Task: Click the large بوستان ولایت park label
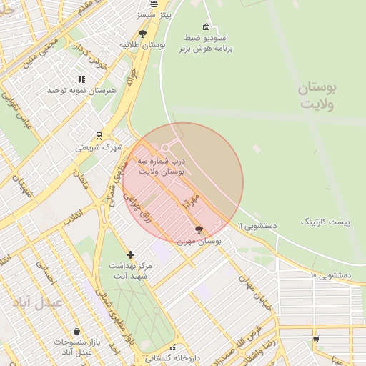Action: (317, 97)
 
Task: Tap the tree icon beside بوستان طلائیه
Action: (142, 34)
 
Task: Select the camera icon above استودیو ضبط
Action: (206, 26)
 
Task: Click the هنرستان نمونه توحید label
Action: (77, 91)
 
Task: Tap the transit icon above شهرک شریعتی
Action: (99, 136)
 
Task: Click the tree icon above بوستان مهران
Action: (199, 229)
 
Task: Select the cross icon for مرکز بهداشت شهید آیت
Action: (130, 254)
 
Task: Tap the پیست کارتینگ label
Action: (325, 222)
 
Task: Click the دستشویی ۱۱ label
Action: (257, 225)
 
